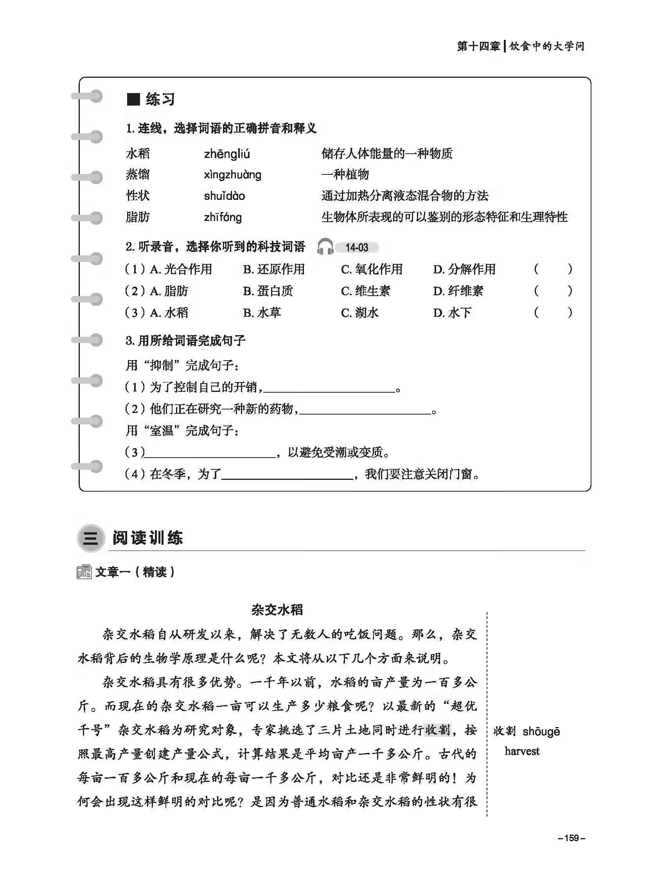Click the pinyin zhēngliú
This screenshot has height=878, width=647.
point(227,154)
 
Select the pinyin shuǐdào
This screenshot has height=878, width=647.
point(225,196)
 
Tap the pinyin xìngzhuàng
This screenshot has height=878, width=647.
point(233,175)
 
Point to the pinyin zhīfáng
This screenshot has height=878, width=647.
point(223,217)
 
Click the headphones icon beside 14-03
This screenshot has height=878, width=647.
point(325,247)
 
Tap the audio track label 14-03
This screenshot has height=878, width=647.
point(357,248)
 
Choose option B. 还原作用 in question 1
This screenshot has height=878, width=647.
point(274,269)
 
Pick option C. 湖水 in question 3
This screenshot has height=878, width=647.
point(360,312)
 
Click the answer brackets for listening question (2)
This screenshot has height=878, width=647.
point(553,291)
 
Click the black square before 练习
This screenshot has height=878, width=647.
point(133,99)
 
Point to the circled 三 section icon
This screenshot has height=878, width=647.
point(91,539)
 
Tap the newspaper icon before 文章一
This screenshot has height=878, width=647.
point(84,572)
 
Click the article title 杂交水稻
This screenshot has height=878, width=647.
point(277,610)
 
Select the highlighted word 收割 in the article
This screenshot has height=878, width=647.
point(437,730)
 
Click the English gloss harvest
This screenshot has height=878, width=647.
point(522,751)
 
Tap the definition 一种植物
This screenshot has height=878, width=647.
point(345,175)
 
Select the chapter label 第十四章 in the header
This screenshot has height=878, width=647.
point(478,47)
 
